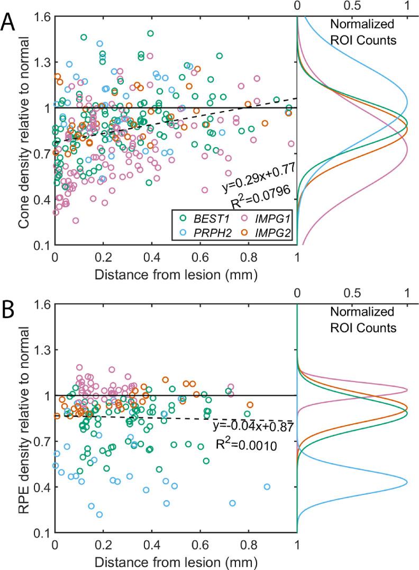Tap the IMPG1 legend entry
261,217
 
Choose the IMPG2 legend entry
261,232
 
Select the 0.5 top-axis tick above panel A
352,7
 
